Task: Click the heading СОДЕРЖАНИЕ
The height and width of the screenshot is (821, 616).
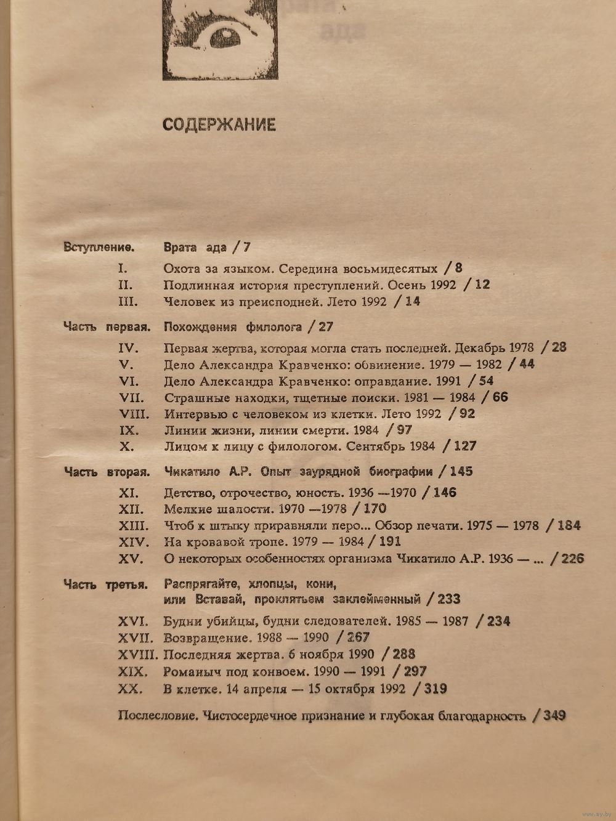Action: click(219, 124)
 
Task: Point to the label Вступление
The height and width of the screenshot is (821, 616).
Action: click(99, 248)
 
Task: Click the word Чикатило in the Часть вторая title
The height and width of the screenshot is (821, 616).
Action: click(190, 472)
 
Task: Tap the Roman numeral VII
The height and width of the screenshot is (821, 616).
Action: click(131, 397)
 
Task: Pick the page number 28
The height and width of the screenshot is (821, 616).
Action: click(559, 347)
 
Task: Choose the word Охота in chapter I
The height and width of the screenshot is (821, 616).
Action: click(181, 268)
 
